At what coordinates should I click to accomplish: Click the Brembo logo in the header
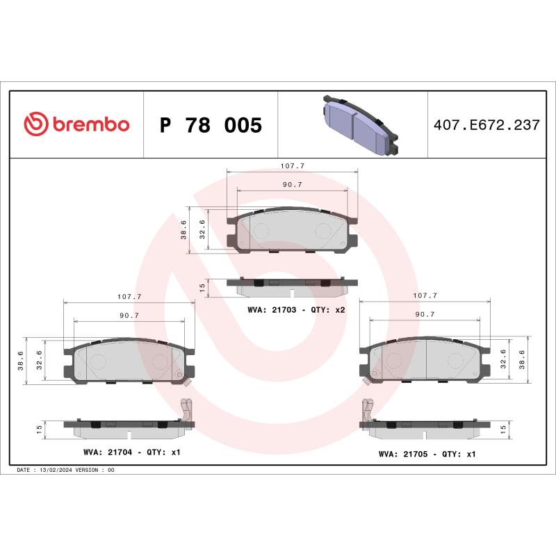point(76,124)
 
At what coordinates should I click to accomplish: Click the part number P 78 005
point(210,126)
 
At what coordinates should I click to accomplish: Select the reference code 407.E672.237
point(486,126)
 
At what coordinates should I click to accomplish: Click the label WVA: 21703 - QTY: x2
point(296,309)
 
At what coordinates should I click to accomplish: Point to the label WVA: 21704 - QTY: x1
point(132,452)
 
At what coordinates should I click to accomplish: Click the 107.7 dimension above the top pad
point(293,166)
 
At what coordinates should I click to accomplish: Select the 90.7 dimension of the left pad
point(129,315)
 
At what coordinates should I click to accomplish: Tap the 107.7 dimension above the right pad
point(425,295)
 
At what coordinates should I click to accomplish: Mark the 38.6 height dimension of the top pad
point(183,231)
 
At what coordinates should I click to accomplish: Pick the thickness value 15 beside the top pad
point(202,287)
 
